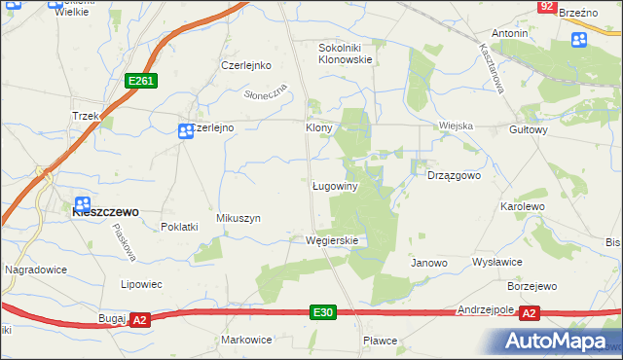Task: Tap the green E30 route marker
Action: [324, 311]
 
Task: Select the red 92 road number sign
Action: [547, 6]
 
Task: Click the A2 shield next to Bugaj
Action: [139, 319]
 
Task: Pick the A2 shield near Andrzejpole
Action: [530, 312]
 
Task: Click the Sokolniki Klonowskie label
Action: [346, 53]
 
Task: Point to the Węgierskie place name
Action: [333, 240]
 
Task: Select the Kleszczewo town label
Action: [105, 210]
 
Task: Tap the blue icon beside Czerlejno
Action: [185, 131]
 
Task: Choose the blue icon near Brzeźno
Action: [578, 40]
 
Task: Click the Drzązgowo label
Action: [455, 176]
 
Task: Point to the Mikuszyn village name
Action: [238, 219]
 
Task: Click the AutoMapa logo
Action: [562, 341]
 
